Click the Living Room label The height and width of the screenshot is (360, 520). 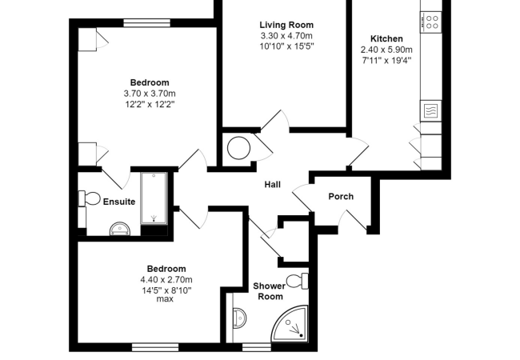[x=286, y=25]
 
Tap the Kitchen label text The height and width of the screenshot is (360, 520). [x=386, y=38]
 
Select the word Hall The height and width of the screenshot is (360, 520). [x=272, y=185]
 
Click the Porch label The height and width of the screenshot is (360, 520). [x=341, y=197]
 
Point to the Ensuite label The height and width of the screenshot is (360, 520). [x=119, y=202]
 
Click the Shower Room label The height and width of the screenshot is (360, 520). [x=269, y=290]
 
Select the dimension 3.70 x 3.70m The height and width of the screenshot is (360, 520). [x=150, y=93]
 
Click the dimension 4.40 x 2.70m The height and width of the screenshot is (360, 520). [x=166, y=279]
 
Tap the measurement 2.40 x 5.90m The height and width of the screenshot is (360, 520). [x=386, y=48]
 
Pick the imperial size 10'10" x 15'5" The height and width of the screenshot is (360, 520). [x=286, y=46]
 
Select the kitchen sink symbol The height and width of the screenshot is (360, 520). [x=429, y=110]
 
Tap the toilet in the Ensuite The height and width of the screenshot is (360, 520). [x=89, y=198]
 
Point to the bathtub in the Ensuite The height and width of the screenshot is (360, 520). [x=154, y=198]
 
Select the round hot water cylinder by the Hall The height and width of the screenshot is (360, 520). [x=238, y=148]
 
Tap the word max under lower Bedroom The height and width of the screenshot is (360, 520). [x=166, y=299]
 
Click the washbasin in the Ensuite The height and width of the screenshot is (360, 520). [x=120, y=229]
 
